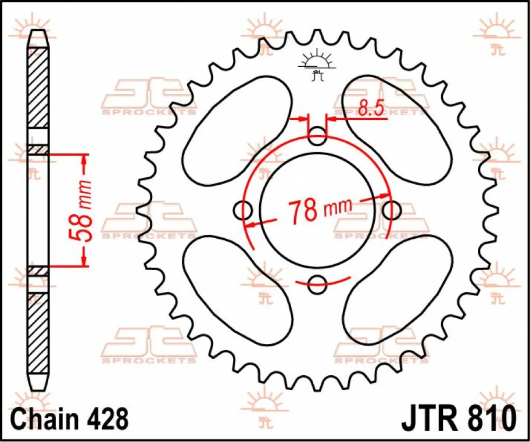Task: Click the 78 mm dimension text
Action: point(319,210)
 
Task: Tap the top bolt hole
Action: point(317,136)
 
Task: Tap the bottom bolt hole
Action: point(317,284)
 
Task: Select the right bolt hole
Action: point(392,210)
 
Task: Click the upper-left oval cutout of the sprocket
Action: point(236,126)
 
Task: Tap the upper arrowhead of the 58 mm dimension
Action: point(84,161)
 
